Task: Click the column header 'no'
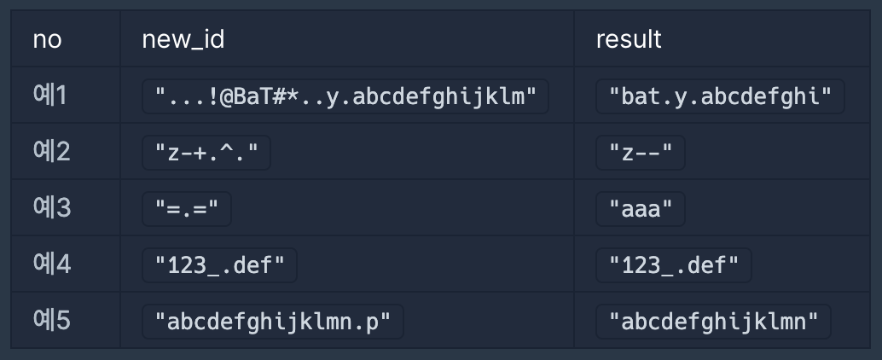47,39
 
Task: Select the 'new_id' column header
183,39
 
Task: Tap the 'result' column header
629,39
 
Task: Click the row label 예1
50,96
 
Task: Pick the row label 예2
51,152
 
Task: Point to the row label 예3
51,208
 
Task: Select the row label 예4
51,264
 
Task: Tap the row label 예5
51,321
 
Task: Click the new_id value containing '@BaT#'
345,96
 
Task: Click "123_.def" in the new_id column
219,265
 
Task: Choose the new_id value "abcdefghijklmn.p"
272,322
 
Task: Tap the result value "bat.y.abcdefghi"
720,96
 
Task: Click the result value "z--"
641,153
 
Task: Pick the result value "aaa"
641,209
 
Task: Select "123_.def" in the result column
673,265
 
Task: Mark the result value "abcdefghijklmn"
713,322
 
